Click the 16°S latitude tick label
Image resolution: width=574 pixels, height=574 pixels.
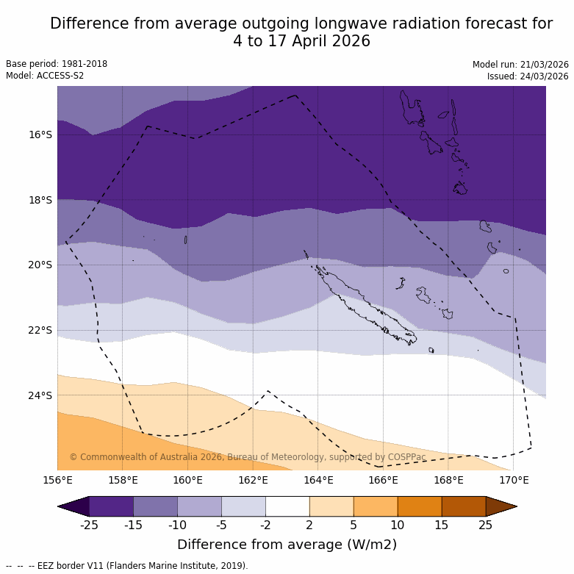click(40, 134)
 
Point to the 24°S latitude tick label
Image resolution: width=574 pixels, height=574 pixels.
click(40, 395)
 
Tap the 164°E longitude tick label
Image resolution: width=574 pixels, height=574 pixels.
click(318, 481)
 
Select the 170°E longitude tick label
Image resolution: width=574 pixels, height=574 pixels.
click(514, 481)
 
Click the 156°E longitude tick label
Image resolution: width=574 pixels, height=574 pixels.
click(57, 481)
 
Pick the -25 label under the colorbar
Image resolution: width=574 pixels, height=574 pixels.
click(90, 524)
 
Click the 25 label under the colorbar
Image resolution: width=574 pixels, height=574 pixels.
click(486, 524)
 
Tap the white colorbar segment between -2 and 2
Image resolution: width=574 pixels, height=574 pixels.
click(287, 506)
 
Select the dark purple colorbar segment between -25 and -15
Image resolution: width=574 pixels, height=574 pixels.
click(111, 506)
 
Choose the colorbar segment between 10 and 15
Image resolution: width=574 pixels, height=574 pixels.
click(420, 506)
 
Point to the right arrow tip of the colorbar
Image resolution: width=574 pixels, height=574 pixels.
click(515, 506)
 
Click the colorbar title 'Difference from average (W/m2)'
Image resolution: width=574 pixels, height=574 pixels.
click(287, 545)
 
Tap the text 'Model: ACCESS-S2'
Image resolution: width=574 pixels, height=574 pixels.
click(45, 76)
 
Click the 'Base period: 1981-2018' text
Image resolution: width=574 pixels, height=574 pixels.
click(57, 64)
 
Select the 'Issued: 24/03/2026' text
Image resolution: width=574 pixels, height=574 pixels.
click(528, 76)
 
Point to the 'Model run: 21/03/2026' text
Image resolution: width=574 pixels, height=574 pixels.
click(520, 65)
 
